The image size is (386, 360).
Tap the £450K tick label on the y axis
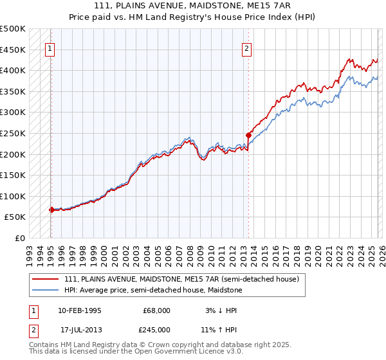click(x=13, y=50)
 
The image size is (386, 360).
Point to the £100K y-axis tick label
click(x=13, y=196)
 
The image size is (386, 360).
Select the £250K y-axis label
click(x=13, y=133)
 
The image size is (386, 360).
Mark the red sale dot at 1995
click(x=51, y=210)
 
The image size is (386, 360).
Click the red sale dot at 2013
click(x=248, y=135)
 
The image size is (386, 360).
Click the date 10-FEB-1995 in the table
click(x=79, y=310)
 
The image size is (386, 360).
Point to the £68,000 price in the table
click(x=157, y=310)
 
